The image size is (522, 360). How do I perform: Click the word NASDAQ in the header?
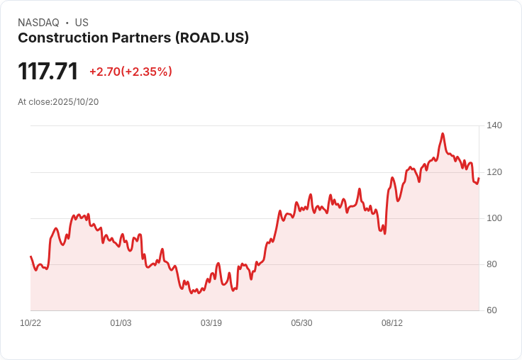(38, 23)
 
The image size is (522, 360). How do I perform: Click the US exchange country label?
(82, 23)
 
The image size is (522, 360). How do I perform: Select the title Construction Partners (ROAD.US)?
(133, 38)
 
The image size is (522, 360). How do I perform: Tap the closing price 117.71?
(48, 72)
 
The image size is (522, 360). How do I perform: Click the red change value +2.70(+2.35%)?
(130, 72)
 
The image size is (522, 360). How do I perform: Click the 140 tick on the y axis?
(494, 125)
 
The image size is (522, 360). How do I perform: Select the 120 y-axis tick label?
(494, 172)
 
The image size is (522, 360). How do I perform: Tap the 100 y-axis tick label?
(494, 218)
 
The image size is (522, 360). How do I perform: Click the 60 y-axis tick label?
(492, 310)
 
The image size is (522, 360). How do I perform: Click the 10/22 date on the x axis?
(30, 323)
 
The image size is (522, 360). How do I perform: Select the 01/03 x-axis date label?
(121, 323)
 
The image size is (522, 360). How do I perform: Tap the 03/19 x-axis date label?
(211, 323)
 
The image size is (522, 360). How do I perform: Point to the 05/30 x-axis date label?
(301, 323)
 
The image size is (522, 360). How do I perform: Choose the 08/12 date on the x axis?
(392, 323)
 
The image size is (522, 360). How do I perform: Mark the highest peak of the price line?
(443, 133)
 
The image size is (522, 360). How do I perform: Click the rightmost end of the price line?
(479, 178)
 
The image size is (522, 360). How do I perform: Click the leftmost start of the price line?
(30, 257)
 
